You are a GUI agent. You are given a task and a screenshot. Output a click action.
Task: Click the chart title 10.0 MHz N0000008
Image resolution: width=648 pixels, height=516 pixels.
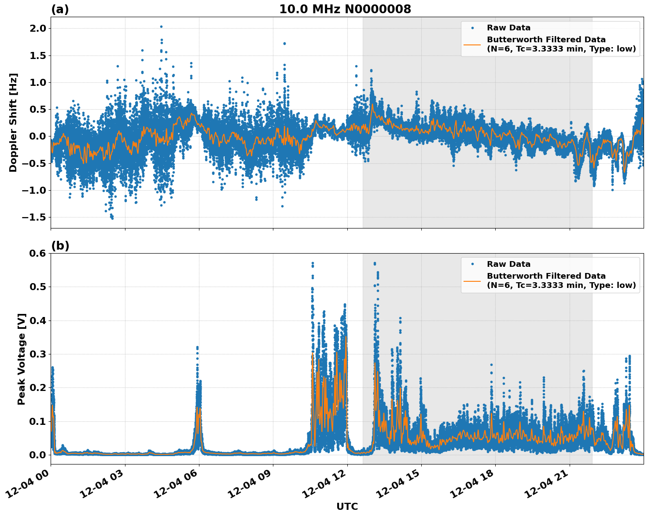pyautogui.click(x=345, y=9)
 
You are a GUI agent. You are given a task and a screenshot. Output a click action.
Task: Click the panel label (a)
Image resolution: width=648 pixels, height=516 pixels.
pyautogui.click(x=60, y=9)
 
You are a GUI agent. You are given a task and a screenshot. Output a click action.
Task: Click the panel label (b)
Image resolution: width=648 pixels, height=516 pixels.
pyautogui.click(x=60, y=246)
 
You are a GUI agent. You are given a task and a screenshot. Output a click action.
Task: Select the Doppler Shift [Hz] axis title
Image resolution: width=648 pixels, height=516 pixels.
pyautogui.click(x=13, y=122)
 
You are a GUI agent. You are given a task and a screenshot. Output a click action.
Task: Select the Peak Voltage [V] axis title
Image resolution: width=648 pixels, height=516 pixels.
pyautogui.click(x=22, y=359)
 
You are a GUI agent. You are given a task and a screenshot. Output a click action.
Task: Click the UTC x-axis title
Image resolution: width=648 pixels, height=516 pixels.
pyautogui.click(x=347, y=506)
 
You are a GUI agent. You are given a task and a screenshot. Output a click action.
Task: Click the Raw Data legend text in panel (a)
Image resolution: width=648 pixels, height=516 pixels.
pyautogui.click(x=508, y=28)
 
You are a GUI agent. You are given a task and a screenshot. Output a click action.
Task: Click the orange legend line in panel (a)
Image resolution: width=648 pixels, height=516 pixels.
pyautogui.click(x=472, y=44)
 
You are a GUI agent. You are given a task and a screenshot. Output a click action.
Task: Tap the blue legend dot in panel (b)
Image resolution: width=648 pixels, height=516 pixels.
pyautogui.click(x=472, y=264)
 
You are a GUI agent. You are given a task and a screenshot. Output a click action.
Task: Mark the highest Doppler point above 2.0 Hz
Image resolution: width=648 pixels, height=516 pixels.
pyautogui.click(x=161, y=26)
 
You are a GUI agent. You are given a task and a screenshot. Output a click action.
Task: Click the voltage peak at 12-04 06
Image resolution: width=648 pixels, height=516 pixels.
pyautogui.click(x=197, y=347)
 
